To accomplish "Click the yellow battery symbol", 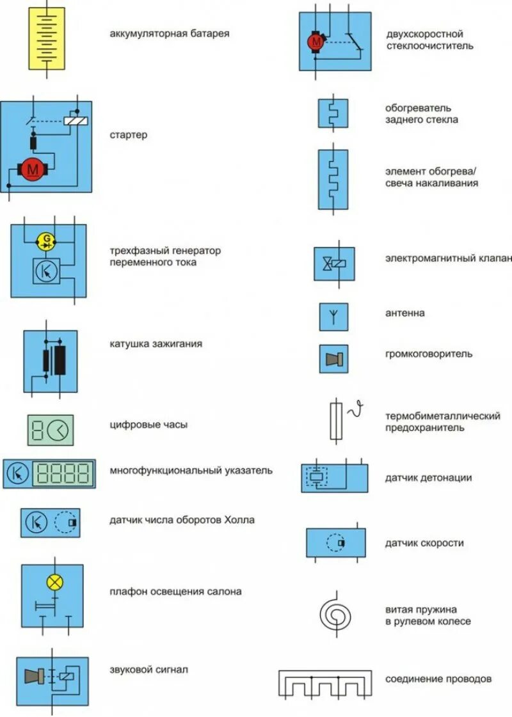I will click(47, 38).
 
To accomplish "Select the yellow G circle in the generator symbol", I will click(47, 241).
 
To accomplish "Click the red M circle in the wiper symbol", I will click(316, 42).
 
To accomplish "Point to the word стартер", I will click(128, 135).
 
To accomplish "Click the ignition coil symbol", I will click(51, 361).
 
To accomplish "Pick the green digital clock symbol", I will click(51, 430).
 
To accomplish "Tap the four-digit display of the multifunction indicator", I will click(63, 473).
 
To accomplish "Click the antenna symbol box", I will click(333, 317).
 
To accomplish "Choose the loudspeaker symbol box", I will click(333, 359).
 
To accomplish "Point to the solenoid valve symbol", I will click(333, 263).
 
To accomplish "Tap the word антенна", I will click(404, 313).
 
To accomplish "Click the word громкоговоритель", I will click(429, 354).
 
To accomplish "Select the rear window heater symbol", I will click(333, 113).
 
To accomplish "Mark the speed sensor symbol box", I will click(335, 544).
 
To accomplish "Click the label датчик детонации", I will click(428, 477).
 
